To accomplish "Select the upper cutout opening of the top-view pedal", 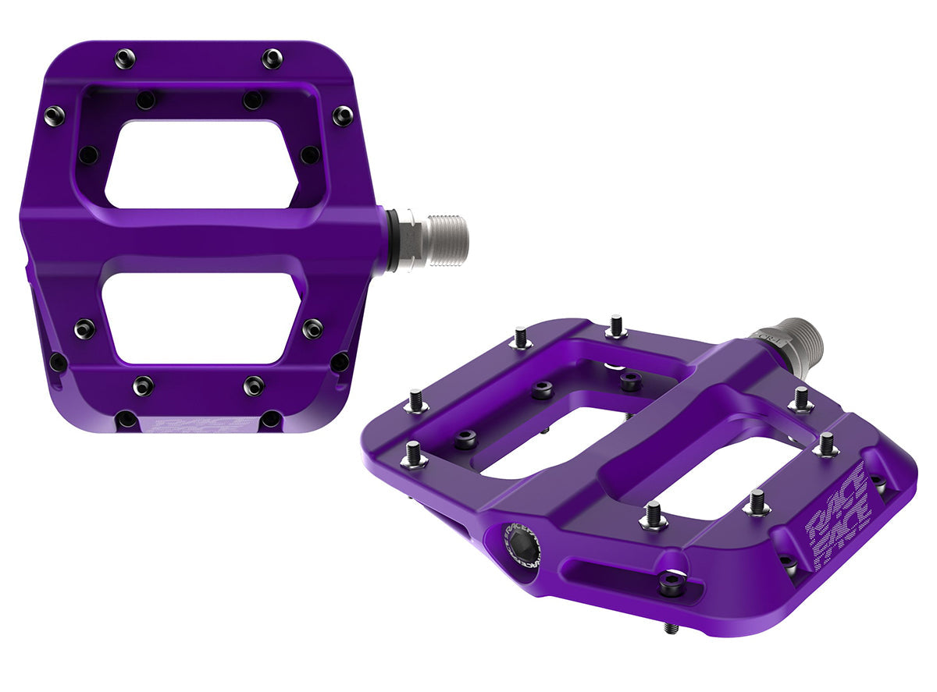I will pos(201,164).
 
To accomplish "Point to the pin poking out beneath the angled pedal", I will pos(672,626).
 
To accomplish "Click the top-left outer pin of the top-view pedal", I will pos(125,59).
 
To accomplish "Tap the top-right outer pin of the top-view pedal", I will pos(272,59).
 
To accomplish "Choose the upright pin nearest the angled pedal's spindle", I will pos(800,399).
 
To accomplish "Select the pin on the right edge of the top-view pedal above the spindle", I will pos(342,116).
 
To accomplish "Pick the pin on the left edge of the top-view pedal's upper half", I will pos(54,116).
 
